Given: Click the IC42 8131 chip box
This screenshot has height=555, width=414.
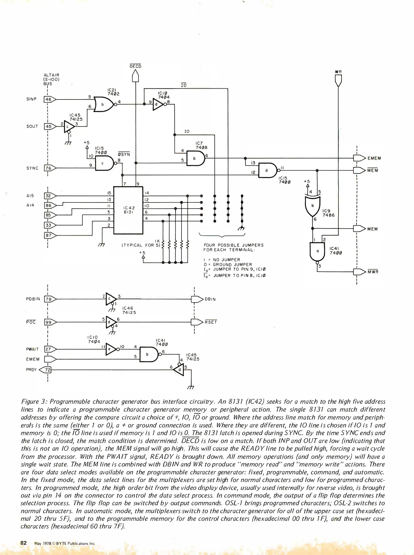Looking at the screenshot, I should coord(128,210).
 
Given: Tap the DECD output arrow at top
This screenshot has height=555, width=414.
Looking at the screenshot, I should coord(135,76).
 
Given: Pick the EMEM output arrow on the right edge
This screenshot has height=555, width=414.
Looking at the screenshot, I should coord(359,158).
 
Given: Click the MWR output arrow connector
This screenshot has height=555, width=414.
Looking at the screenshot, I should coord(359,272).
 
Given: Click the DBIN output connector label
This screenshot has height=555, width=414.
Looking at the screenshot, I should coord(210,299).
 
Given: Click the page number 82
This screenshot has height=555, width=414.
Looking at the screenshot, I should coord(24,543).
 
